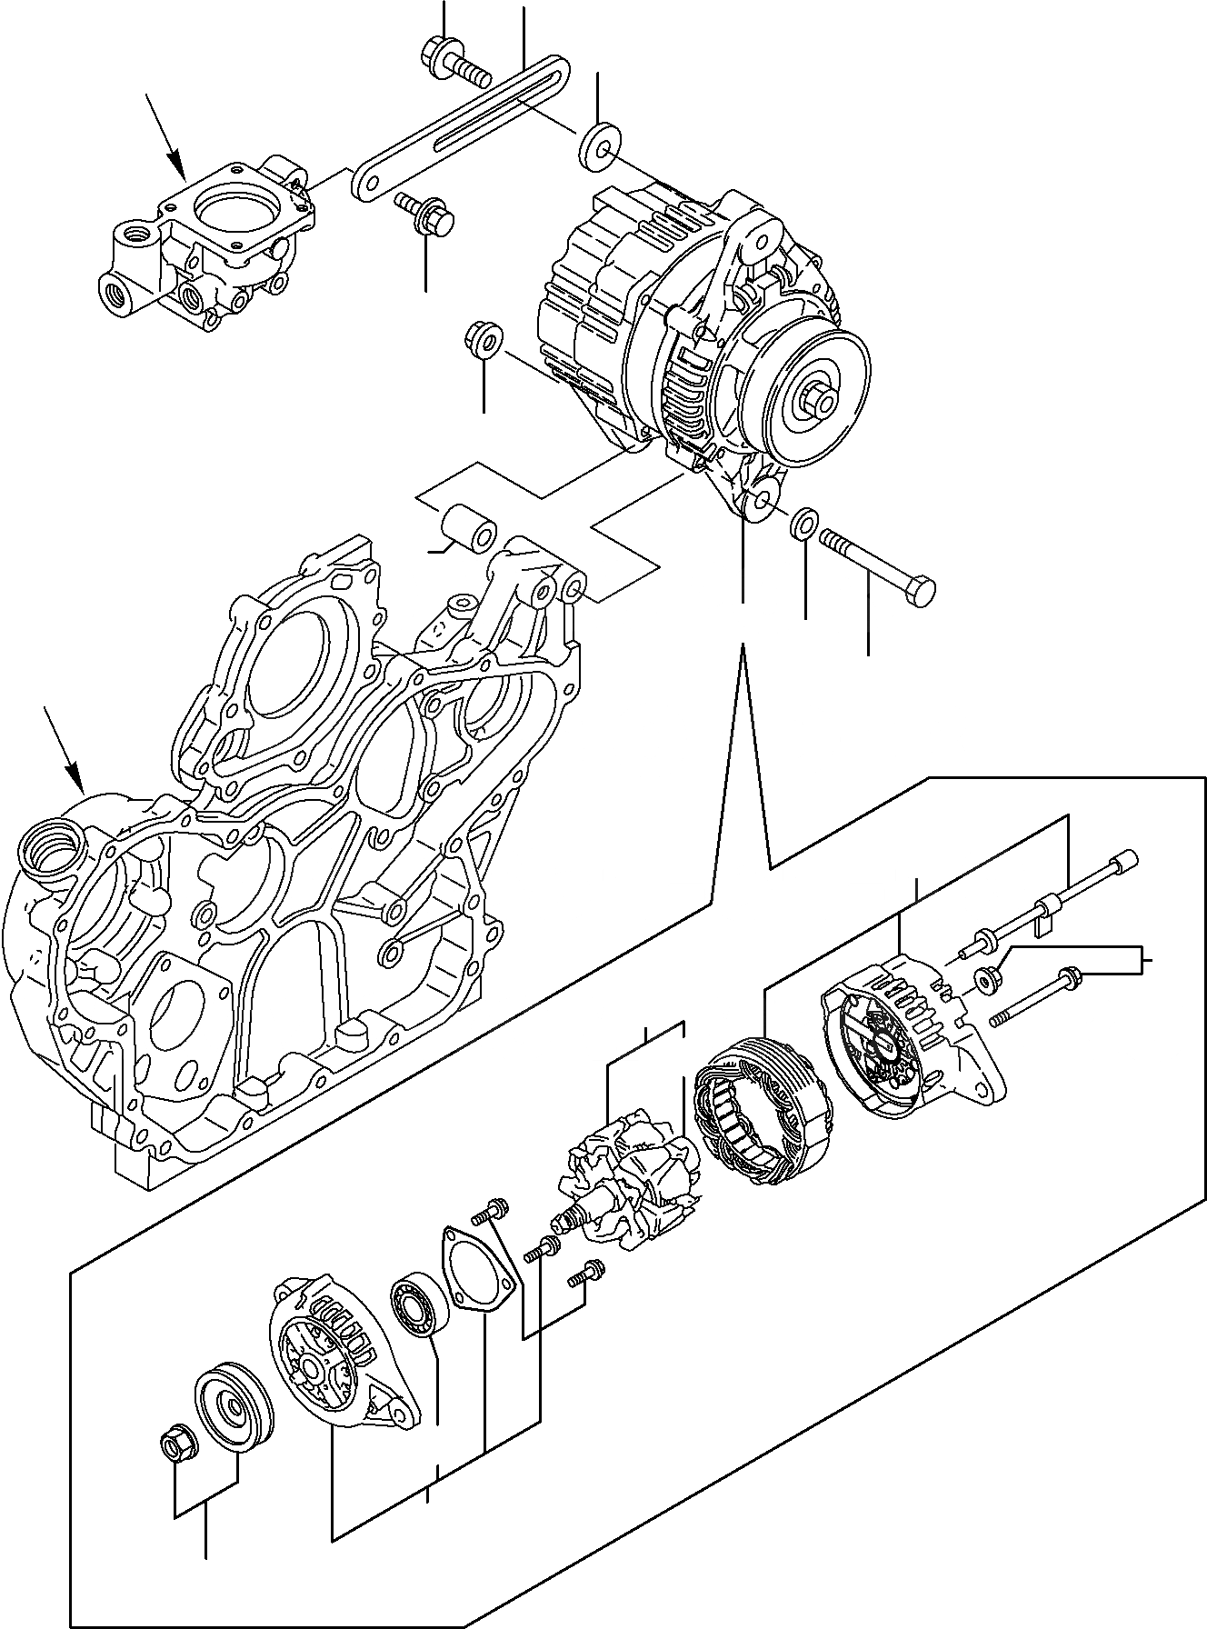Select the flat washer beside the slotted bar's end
[x=595, y=144]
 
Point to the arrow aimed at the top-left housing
[x=166, y=137]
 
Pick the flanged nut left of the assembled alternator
[x=483, y=339]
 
